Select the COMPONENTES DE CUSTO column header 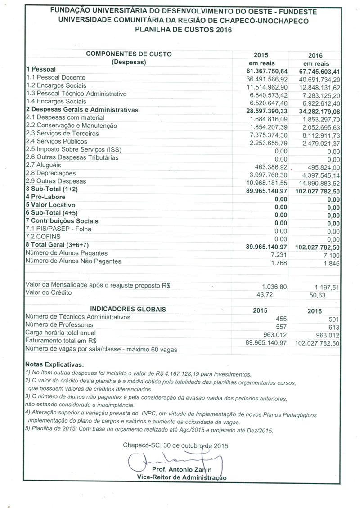[129, 54]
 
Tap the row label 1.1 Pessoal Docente [55, 78]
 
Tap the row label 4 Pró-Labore [45, 197]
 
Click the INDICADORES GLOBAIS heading [128, 309]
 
